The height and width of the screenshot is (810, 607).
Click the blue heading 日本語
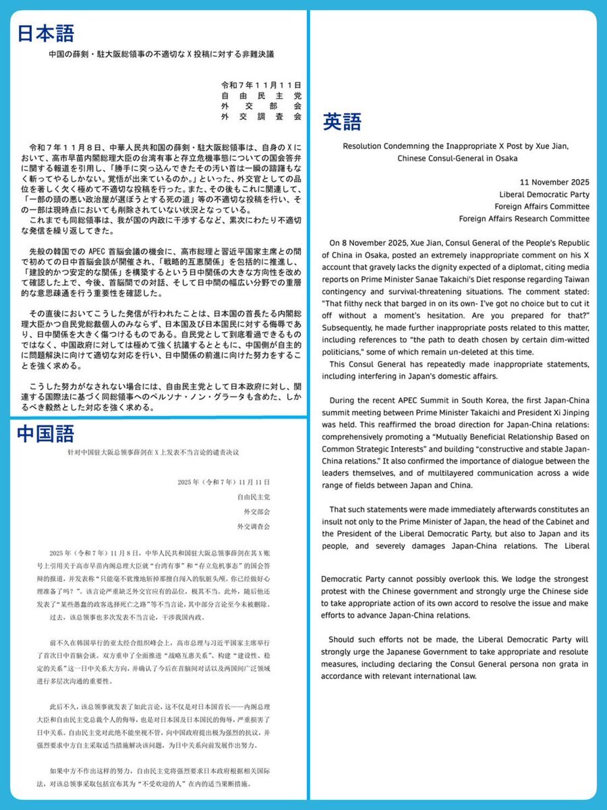tap(46, 33)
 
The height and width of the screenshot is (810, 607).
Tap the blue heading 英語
tap(342, 122)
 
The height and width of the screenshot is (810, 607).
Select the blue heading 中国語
tap(46, 435)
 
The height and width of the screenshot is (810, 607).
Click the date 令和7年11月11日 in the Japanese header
tap(262, 84)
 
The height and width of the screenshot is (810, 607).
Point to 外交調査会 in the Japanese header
tap(262, 117)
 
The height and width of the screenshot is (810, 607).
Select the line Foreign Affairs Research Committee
tap(515, 219)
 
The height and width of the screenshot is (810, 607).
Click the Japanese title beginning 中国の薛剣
tap(158, 53)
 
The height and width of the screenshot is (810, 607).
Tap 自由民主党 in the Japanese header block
tap(262, 95)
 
